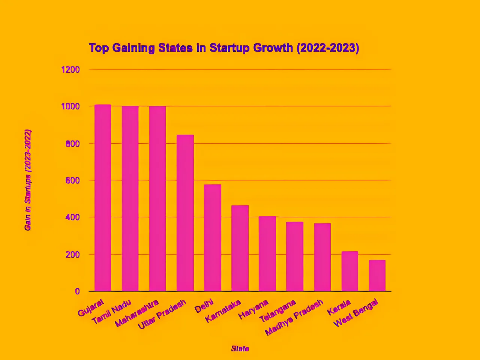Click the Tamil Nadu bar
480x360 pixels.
tap(130, 199)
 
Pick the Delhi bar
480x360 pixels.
tap(213, 238)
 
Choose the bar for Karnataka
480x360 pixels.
tap(240, 248)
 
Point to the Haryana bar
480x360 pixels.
tap(267, 253)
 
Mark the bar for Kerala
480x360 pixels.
tap(350, 271)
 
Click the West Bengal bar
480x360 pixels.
tap(377, 276)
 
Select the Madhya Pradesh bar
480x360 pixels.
tap(322, 257)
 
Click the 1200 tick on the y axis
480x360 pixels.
tap(70, 70)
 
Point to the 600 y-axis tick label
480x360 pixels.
tap(72, 181)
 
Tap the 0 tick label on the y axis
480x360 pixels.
tap(77, 291)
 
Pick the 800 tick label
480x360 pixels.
tap(72, 144)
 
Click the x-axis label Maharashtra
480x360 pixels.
tap(137, 313)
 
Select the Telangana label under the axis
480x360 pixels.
tap(277, 311)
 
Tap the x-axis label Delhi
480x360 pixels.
tap(204, 306)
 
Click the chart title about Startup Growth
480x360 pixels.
tap(224, 48)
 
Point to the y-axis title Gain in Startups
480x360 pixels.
tap(28, 180)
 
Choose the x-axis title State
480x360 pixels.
tap(240, 349)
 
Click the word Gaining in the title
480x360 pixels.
tap(133, 48)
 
